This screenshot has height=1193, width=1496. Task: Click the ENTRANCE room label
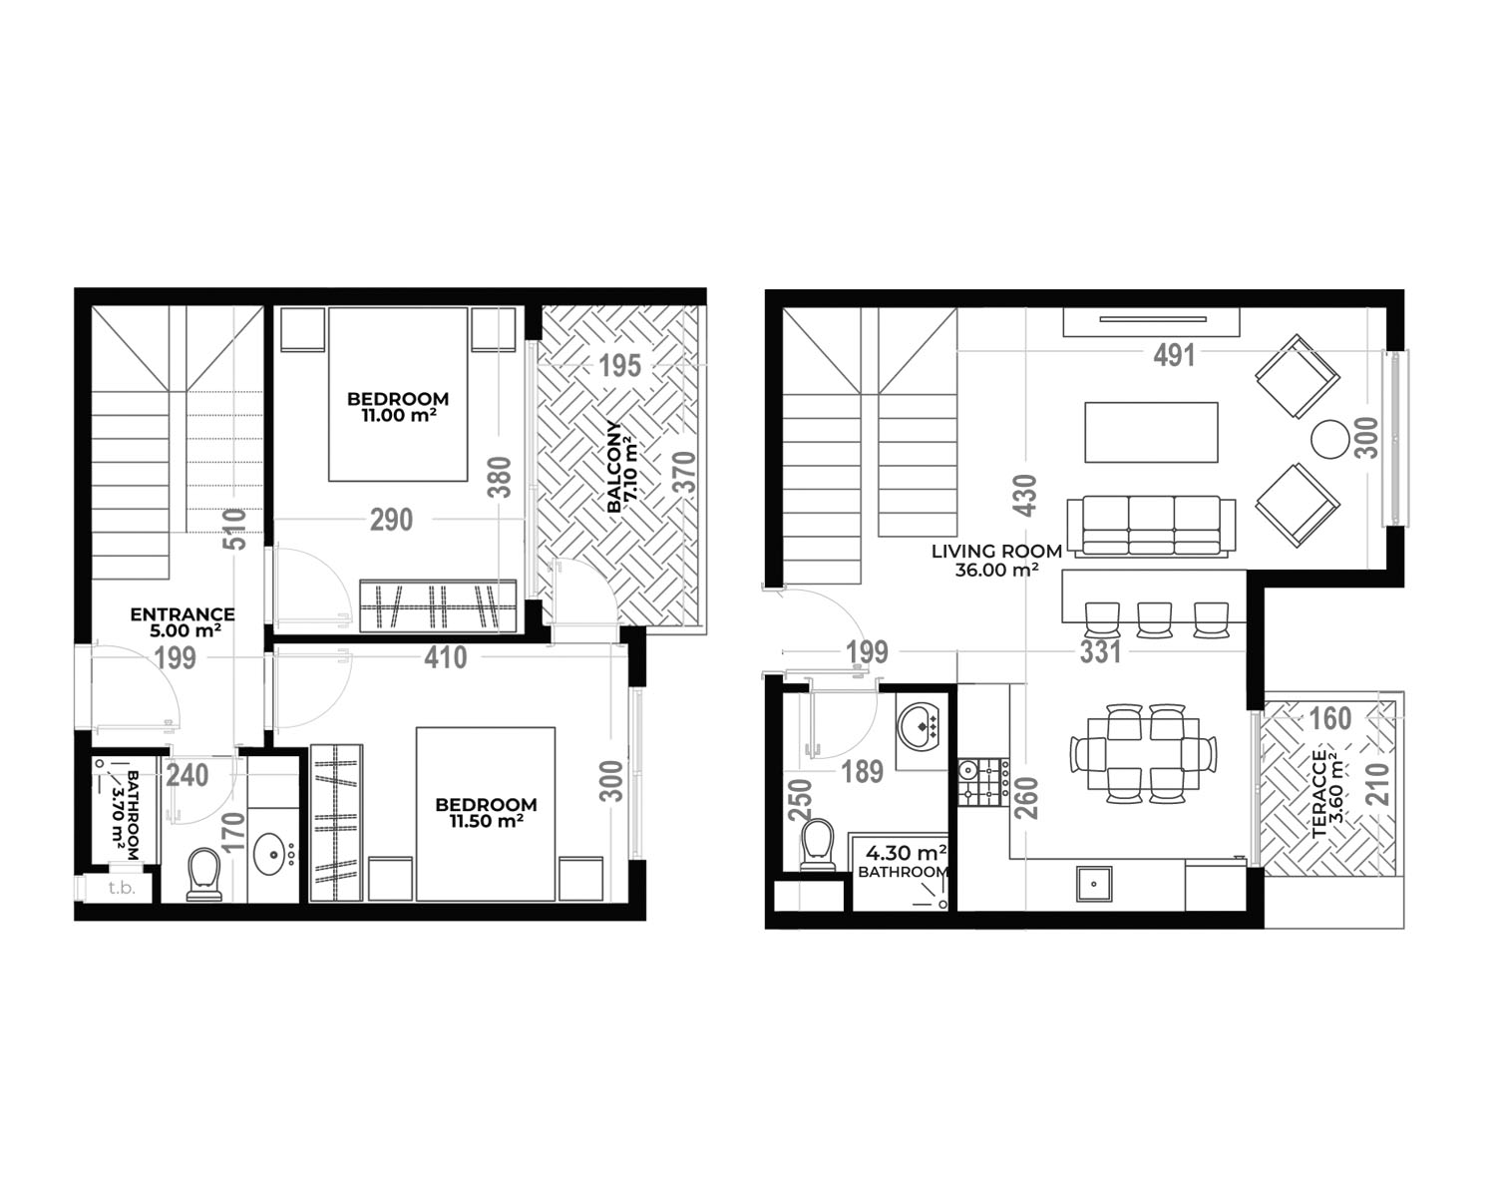[183, 614]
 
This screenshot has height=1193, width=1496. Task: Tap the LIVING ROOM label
[996, 552]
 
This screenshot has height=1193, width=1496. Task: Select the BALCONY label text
[614, 467]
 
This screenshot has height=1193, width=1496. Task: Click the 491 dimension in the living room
[1174, 355]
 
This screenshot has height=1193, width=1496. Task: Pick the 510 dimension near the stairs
[235, 530]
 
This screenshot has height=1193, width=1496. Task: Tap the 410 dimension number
[446, 657]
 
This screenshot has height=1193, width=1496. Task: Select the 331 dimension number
[1100, 652]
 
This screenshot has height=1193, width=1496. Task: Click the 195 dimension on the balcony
[620, 366]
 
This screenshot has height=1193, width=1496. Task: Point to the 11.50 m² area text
[486, 821]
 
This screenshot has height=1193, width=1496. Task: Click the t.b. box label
[121, 888]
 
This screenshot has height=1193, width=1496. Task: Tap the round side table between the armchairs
[1329, 439]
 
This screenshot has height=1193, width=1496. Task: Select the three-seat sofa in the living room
[1152, 527]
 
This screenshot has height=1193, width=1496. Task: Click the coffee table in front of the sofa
[1151, 433]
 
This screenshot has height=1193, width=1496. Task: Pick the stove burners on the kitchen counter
[983, 782]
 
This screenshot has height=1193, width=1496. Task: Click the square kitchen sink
[1093, 885]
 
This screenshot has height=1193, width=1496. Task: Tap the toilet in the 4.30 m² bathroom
[818, 845]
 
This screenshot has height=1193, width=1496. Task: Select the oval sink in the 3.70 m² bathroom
[269, 854]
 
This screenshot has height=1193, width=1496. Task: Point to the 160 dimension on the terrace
[1329, 719]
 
